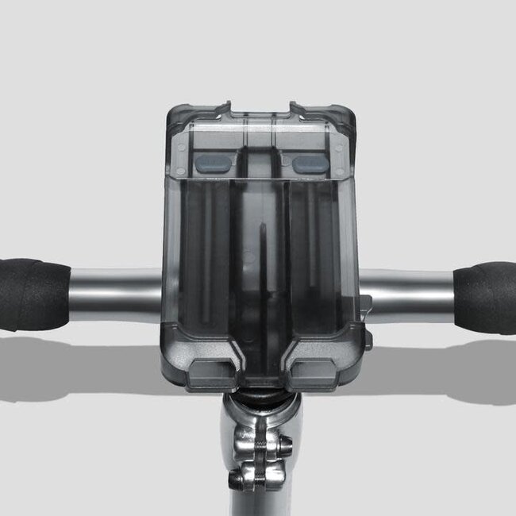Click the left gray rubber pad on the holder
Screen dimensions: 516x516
[214, 164]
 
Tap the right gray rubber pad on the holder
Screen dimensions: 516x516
[310, 164]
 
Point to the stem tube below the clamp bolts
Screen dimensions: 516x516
[258, 504]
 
